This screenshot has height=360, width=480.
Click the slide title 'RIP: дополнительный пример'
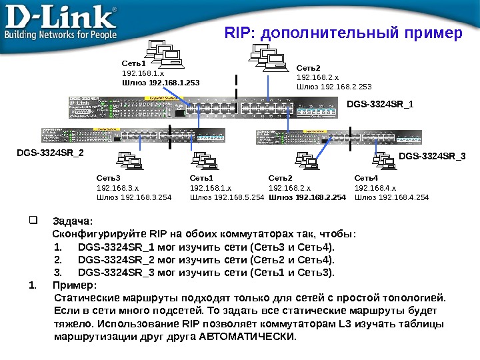(x=343, y=33)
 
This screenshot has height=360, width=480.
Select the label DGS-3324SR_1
(x=380, y=104)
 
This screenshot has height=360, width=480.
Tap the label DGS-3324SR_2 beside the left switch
(x=51, y=153)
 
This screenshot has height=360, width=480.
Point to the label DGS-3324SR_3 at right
(x=432, y=156)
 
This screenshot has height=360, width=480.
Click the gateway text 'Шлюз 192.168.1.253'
(x=160, y=83)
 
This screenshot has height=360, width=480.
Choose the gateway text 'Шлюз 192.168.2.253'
(x=334, y=87)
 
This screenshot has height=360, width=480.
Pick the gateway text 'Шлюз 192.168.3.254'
(x=134, y=197)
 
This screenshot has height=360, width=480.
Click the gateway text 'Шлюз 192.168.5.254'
(x=227, y=197)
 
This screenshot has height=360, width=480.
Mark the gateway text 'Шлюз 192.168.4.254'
(x=392, y=197)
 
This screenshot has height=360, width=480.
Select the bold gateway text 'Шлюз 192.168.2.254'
(x=307, y=197)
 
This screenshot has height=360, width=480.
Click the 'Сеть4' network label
(x=366, y=179)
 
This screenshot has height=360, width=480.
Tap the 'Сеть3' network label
(x=108, y=179)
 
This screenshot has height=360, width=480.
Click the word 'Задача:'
(x=73, y=221)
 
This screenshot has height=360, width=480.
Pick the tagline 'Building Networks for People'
(x=61, y=34)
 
